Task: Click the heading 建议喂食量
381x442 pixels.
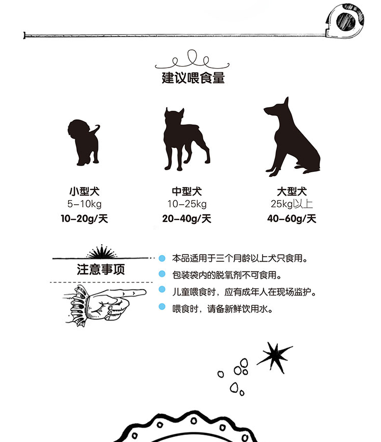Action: (193, 78)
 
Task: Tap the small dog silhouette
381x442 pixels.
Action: (84, 142)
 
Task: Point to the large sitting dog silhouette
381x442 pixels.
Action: (292, 138)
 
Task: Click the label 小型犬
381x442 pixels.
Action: (84, 192)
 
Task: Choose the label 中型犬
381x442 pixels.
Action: (187, 192)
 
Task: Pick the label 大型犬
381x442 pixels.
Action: (292, 192)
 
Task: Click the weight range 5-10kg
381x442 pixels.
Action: (84, 204)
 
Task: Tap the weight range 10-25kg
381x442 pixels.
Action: (187, 204)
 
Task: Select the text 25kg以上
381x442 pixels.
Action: (292, 204)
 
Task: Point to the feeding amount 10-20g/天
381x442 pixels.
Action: (84, 218)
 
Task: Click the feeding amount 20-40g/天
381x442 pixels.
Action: (187, 218)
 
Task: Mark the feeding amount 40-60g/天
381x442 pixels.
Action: (292, 218)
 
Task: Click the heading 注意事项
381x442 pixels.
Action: (101, 269)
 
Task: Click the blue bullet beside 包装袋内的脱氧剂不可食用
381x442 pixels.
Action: (162, 274)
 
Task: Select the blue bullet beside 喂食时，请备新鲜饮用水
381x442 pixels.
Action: (162, 307)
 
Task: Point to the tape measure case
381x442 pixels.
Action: (344, 21)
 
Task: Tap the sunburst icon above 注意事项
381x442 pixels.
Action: (102, 251)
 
